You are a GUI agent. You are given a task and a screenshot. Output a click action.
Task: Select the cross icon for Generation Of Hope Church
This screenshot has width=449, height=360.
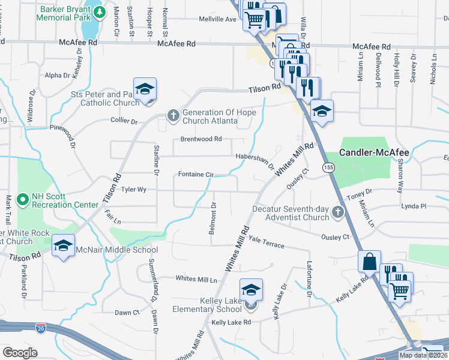click(173, 114)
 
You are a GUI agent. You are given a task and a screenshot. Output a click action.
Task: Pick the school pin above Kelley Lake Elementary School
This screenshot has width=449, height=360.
click(252, 290)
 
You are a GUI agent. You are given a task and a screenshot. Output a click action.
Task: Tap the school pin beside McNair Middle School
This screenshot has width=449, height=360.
click(63, 246)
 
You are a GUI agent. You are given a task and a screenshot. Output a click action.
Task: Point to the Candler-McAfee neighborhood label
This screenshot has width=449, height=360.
click(374, 153)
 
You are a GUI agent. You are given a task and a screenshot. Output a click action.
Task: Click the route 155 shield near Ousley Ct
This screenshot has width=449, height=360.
click(328, 166)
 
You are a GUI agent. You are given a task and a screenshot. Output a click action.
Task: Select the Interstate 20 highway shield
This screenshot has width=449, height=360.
click(40, 328)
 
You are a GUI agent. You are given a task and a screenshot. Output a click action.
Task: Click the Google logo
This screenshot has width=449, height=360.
click(20, 353)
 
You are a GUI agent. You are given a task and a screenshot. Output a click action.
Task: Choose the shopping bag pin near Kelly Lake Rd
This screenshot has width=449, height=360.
click(369, 262)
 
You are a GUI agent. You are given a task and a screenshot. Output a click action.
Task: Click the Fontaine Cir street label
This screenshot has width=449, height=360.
click(196, 175)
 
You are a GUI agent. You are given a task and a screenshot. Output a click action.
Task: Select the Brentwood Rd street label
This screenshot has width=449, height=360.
click(202, 139)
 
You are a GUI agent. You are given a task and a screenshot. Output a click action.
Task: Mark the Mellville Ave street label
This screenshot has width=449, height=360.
click(218, 19)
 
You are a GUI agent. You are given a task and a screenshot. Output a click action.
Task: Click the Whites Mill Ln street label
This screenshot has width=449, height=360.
click(196, 279)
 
